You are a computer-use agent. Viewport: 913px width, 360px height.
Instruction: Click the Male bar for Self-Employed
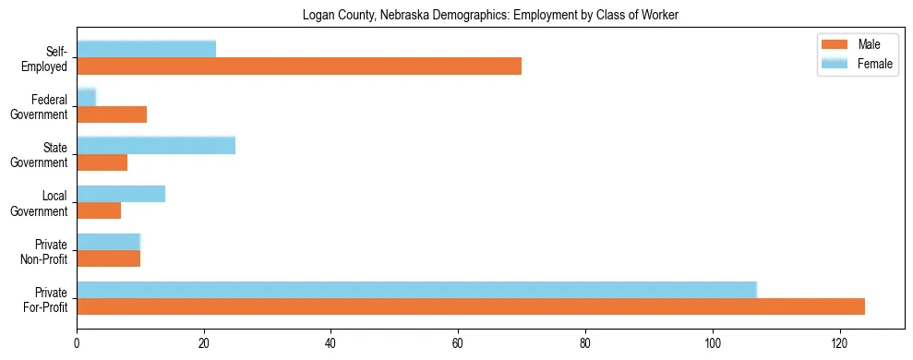tap(299, 66)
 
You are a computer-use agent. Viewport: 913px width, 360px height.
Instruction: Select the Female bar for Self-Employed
tap(146, 49)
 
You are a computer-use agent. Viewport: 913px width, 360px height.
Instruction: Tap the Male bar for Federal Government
tap(112, 114)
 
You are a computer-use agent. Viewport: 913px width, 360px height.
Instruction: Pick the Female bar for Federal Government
tap(86, 97)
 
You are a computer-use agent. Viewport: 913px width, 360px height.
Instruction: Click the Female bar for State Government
tap(156, 145)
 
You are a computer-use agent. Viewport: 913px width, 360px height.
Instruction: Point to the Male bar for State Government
tap(102, 162)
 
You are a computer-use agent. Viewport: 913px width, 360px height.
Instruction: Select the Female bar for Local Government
tap(121, 194)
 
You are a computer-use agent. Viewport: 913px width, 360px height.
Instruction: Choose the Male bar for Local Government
tap(99, 210)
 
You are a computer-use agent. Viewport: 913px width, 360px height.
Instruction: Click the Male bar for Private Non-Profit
tap(108, 258)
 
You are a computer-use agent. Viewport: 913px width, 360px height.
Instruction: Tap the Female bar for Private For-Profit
tap(416, 290)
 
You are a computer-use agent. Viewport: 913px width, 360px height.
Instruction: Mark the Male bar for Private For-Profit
tap(471, 306)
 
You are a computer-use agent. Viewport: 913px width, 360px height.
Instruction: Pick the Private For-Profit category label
tap(46, 299)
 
